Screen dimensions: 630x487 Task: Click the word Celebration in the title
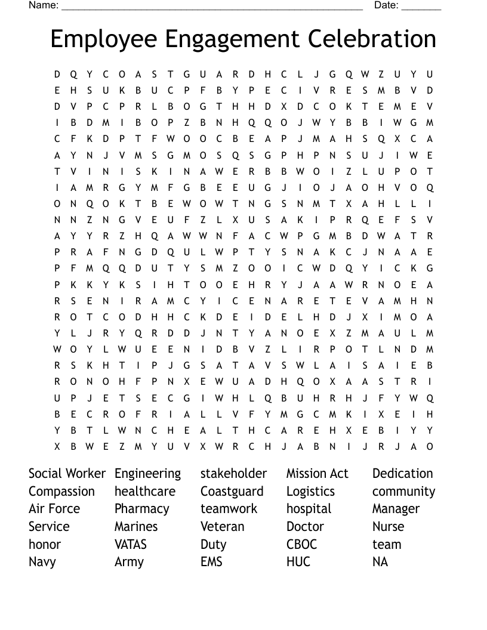[x=372, y=39]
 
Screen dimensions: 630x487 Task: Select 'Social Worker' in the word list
[x=67, y=474]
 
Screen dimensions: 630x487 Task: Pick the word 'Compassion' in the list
[x=61, y=492]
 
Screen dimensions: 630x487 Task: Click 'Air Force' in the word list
[x=54, y=509]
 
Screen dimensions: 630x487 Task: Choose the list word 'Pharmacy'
[x=141, y=509]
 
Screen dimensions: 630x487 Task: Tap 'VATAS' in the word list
[x=131, y=544]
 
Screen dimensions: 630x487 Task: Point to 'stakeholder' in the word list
[x=233, y=474]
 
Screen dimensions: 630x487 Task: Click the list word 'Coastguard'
[x=232, y=492]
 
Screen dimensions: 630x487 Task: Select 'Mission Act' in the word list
[x=317, y=474]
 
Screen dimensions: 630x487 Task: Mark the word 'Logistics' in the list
[x=310, y=492]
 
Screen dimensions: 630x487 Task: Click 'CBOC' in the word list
[x=301, y=544]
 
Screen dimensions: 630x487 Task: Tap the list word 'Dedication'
[x=402, y=474]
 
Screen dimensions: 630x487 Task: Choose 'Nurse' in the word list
[x=388, y=527]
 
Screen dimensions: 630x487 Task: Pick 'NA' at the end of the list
[x=380, y=562]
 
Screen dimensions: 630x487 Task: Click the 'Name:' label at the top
[x=44, y=5]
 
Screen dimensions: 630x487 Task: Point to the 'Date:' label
[x=386, y=5]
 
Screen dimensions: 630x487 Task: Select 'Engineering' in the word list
[x=147, y=474]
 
